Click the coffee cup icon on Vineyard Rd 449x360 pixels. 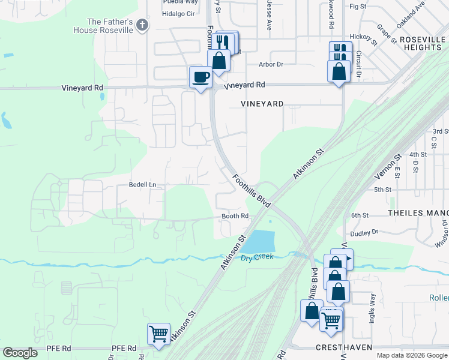[200, 77]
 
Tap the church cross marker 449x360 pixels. [142, 25]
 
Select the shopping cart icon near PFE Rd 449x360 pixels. [158, 334]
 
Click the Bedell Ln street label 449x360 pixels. [142, 185]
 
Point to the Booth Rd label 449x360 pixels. [235, 216]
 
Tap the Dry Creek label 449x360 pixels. [257, 257]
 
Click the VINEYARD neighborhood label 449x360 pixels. [262, 104]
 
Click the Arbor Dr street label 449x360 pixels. [271, 64]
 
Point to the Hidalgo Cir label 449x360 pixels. [179, 13]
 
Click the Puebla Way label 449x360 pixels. [180, 2]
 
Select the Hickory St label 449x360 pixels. [363, 37]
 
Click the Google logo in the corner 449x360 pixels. [20, 353]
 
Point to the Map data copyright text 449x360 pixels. [412, 355]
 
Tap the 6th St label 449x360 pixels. [360, 215]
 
